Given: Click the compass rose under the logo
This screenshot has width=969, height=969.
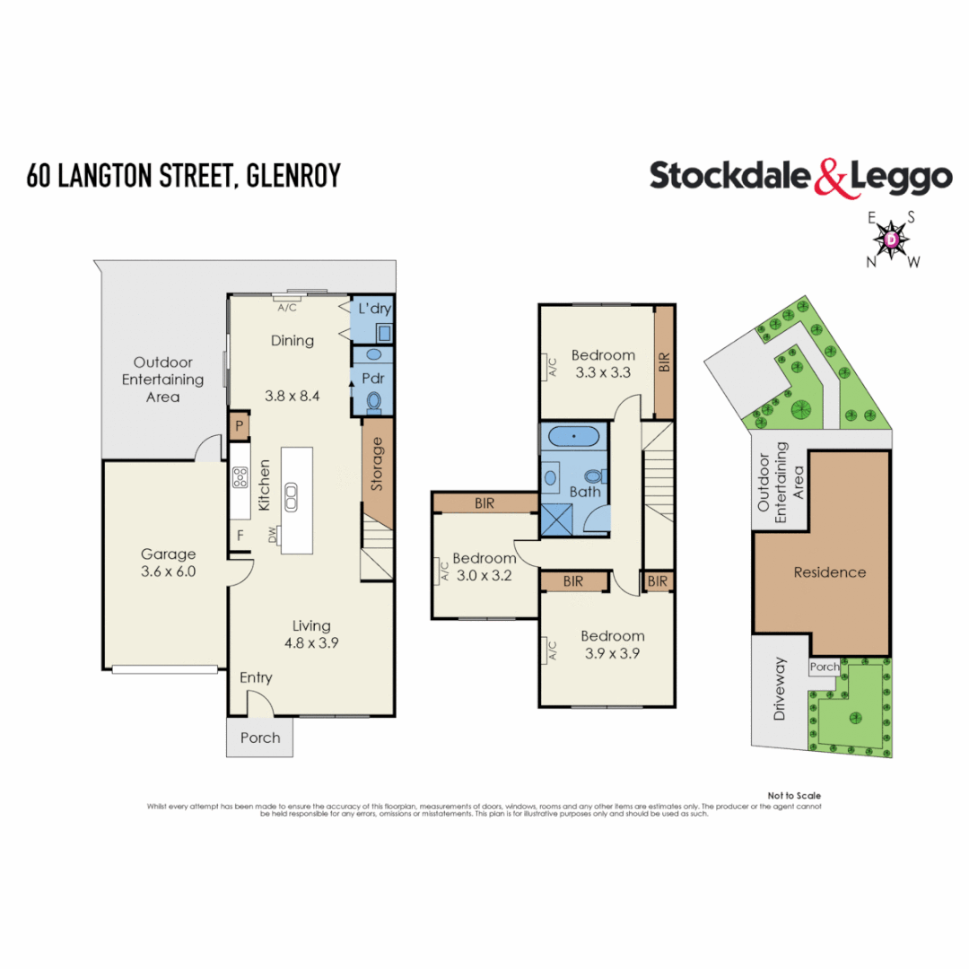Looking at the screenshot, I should point(891,240).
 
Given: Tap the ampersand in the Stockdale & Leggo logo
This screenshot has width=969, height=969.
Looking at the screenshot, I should point(831,177).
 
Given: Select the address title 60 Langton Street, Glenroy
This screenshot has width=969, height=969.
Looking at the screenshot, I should point(184,175).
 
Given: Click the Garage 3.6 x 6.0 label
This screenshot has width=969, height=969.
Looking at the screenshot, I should point(168,563).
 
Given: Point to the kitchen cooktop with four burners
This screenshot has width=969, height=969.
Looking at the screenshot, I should point(240,479).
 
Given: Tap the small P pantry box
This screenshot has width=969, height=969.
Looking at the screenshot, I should point(240,426).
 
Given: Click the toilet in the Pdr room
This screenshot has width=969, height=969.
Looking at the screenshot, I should point(374,401).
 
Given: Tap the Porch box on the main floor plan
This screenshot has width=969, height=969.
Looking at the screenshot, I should point(259,738).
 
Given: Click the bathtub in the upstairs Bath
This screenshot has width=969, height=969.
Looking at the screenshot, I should point(572,438).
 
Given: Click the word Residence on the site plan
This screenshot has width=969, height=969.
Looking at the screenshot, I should point(830,572).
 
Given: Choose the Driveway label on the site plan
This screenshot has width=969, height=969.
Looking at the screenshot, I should point(780,690).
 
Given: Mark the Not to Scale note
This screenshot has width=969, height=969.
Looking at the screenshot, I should point(794,796).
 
